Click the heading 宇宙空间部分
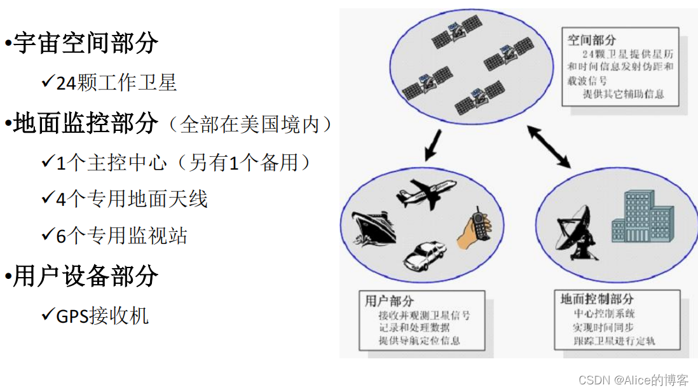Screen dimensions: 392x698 point(85,43)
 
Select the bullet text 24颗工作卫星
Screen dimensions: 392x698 point(116,83)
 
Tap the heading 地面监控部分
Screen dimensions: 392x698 point(85,124)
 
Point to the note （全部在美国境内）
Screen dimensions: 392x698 point(249,125)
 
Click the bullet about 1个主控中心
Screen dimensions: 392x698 point(184,163)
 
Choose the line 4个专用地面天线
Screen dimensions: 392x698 point(132,199)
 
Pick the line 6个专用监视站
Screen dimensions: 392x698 point(121,236)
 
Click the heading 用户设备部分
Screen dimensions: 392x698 point(85,276)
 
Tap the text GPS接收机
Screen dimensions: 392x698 point(102,316)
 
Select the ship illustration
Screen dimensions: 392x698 point(375,228)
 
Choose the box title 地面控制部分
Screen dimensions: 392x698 point(597,299)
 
